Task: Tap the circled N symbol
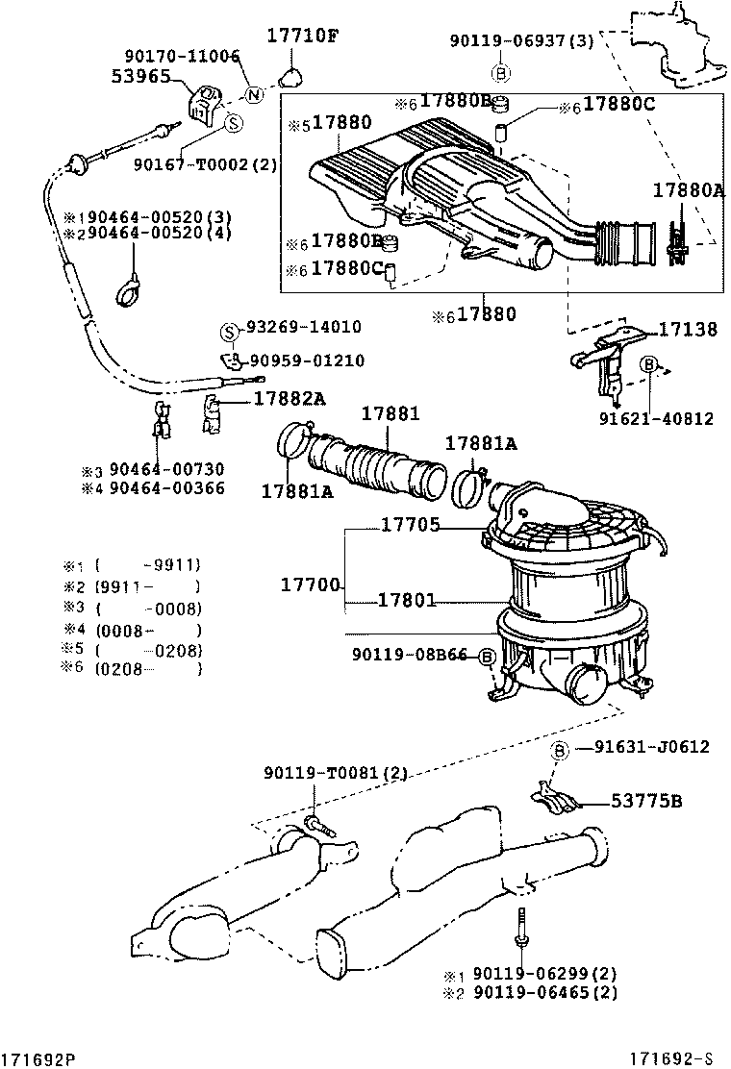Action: (x=254, y=94)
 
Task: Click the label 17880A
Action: (x=688, y=190)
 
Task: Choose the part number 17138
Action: (x=687, y=330)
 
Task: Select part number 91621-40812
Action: (x=656, y=418)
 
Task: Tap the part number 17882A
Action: (x=290, y=398)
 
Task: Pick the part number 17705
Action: (x=410, y=525)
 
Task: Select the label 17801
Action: (x=408, y=600)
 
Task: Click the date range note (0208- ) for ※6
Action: (x=149, y=669)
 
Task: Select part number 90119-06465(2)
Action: (x=544, y=992)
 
